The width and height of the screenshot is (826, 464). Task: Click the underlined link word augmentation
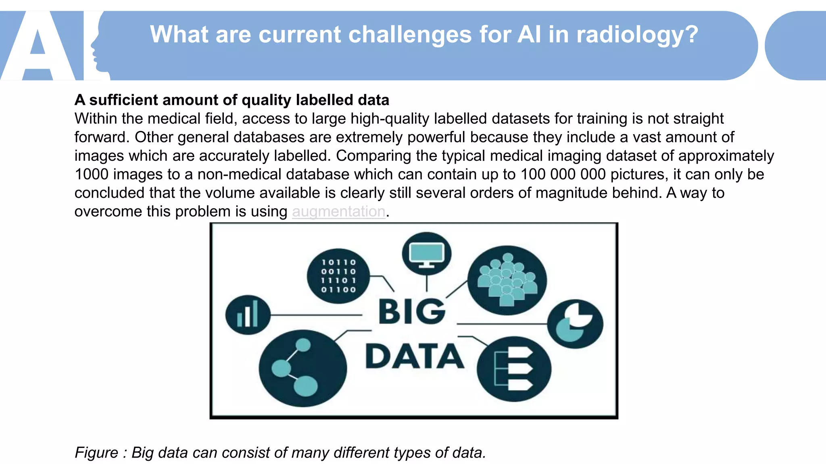[338, 211]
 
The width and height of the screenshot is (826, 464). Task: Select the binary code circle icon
[338, 276]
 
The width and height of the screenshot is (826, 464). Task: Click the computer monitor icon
[427, 254]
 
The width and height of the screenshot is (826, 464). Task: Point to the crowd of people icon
[507, 280]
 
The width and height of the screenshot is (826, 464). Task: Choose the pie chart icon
[575, 323]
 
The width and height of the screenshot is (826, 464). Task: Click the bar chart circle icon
[248, 315]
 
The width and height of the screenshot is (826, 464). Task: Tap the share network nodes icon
[302, 368]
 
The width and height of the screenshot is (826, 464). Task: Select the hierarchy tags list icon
[514, 369]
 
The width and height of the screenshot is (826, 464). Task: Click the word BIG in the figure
[412, 312]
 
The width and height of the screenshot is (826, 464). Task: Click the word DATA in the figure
[414, 356]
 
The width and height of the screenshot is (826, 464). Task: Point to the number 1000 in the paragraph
[92, 174]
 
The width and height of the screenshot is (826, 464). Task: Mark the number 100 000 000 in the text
[563, 174]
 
